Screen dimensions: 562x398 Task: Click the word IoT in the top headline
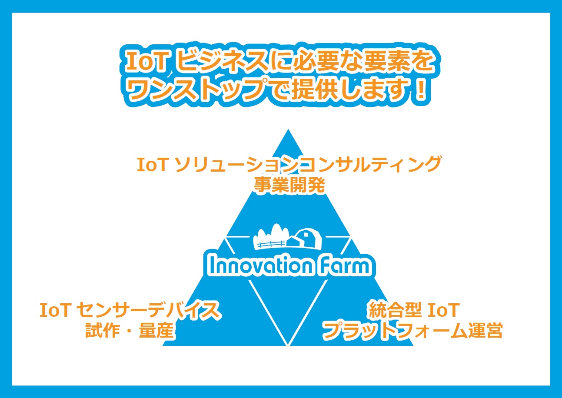click(147, 62)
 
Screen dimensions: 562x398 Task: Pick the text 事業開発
click(289, 186)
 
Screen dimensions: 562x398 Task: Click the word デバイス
click(185, 310)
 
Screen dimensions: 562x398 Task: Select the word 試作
click(103, 330)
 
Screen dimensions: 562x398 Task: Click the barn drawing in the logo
click(305, 238)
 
